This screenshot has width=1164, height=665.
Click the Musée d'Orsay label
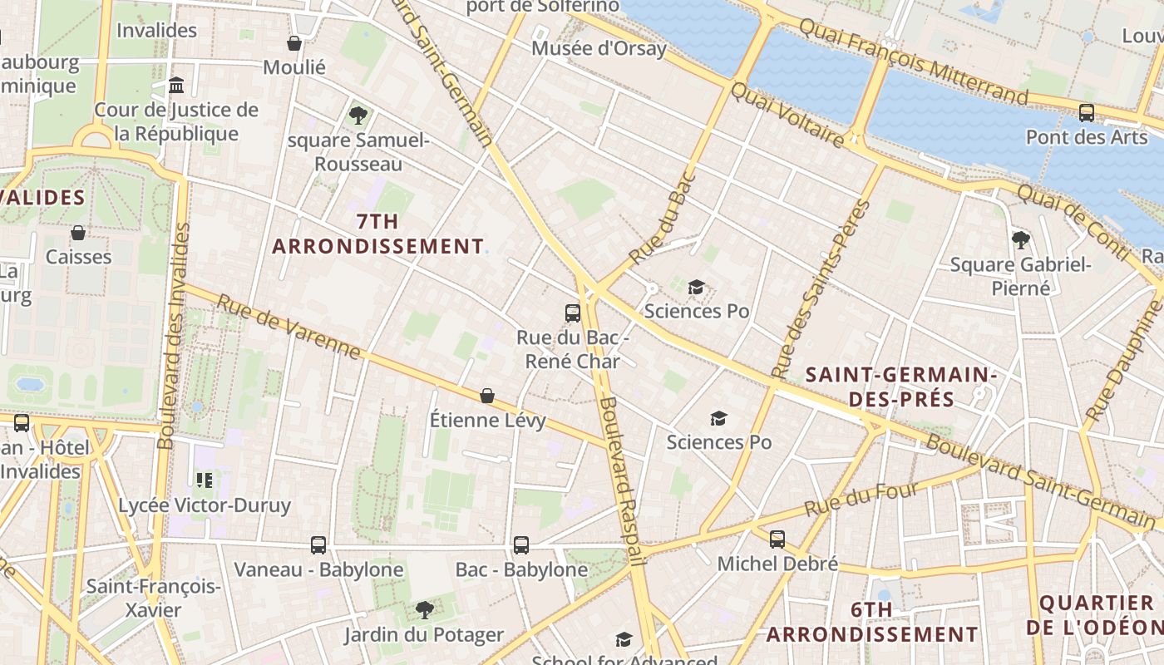599,48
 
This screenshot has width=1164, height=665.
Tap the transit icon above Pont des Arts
1086,113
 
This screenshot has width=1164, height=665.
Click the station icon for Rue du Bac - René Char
573,313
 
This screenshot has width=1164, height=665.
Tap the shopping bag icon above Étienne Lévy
487,396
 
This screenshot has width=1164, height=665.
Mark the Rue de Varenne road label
289,327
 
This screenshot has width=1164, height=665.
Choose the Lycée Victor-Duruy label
205,505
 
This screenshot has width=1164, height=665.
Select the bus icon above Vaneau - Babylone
318,545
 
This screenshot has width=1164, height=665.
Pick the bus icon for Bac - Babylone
521,545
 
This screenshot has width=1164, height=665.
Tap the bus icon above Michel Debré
777,539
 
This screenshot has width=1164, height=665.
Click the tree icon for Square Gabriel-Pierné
1020,240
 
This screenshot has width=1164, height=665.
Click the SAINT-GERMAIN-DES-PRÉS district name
901,387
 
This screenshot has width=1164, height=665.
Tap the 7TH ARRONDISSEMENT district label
377,234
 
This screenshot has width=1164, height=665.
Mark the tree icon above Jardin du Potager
424,610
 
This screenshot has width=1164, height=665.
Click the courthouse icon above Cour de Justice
176,86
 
